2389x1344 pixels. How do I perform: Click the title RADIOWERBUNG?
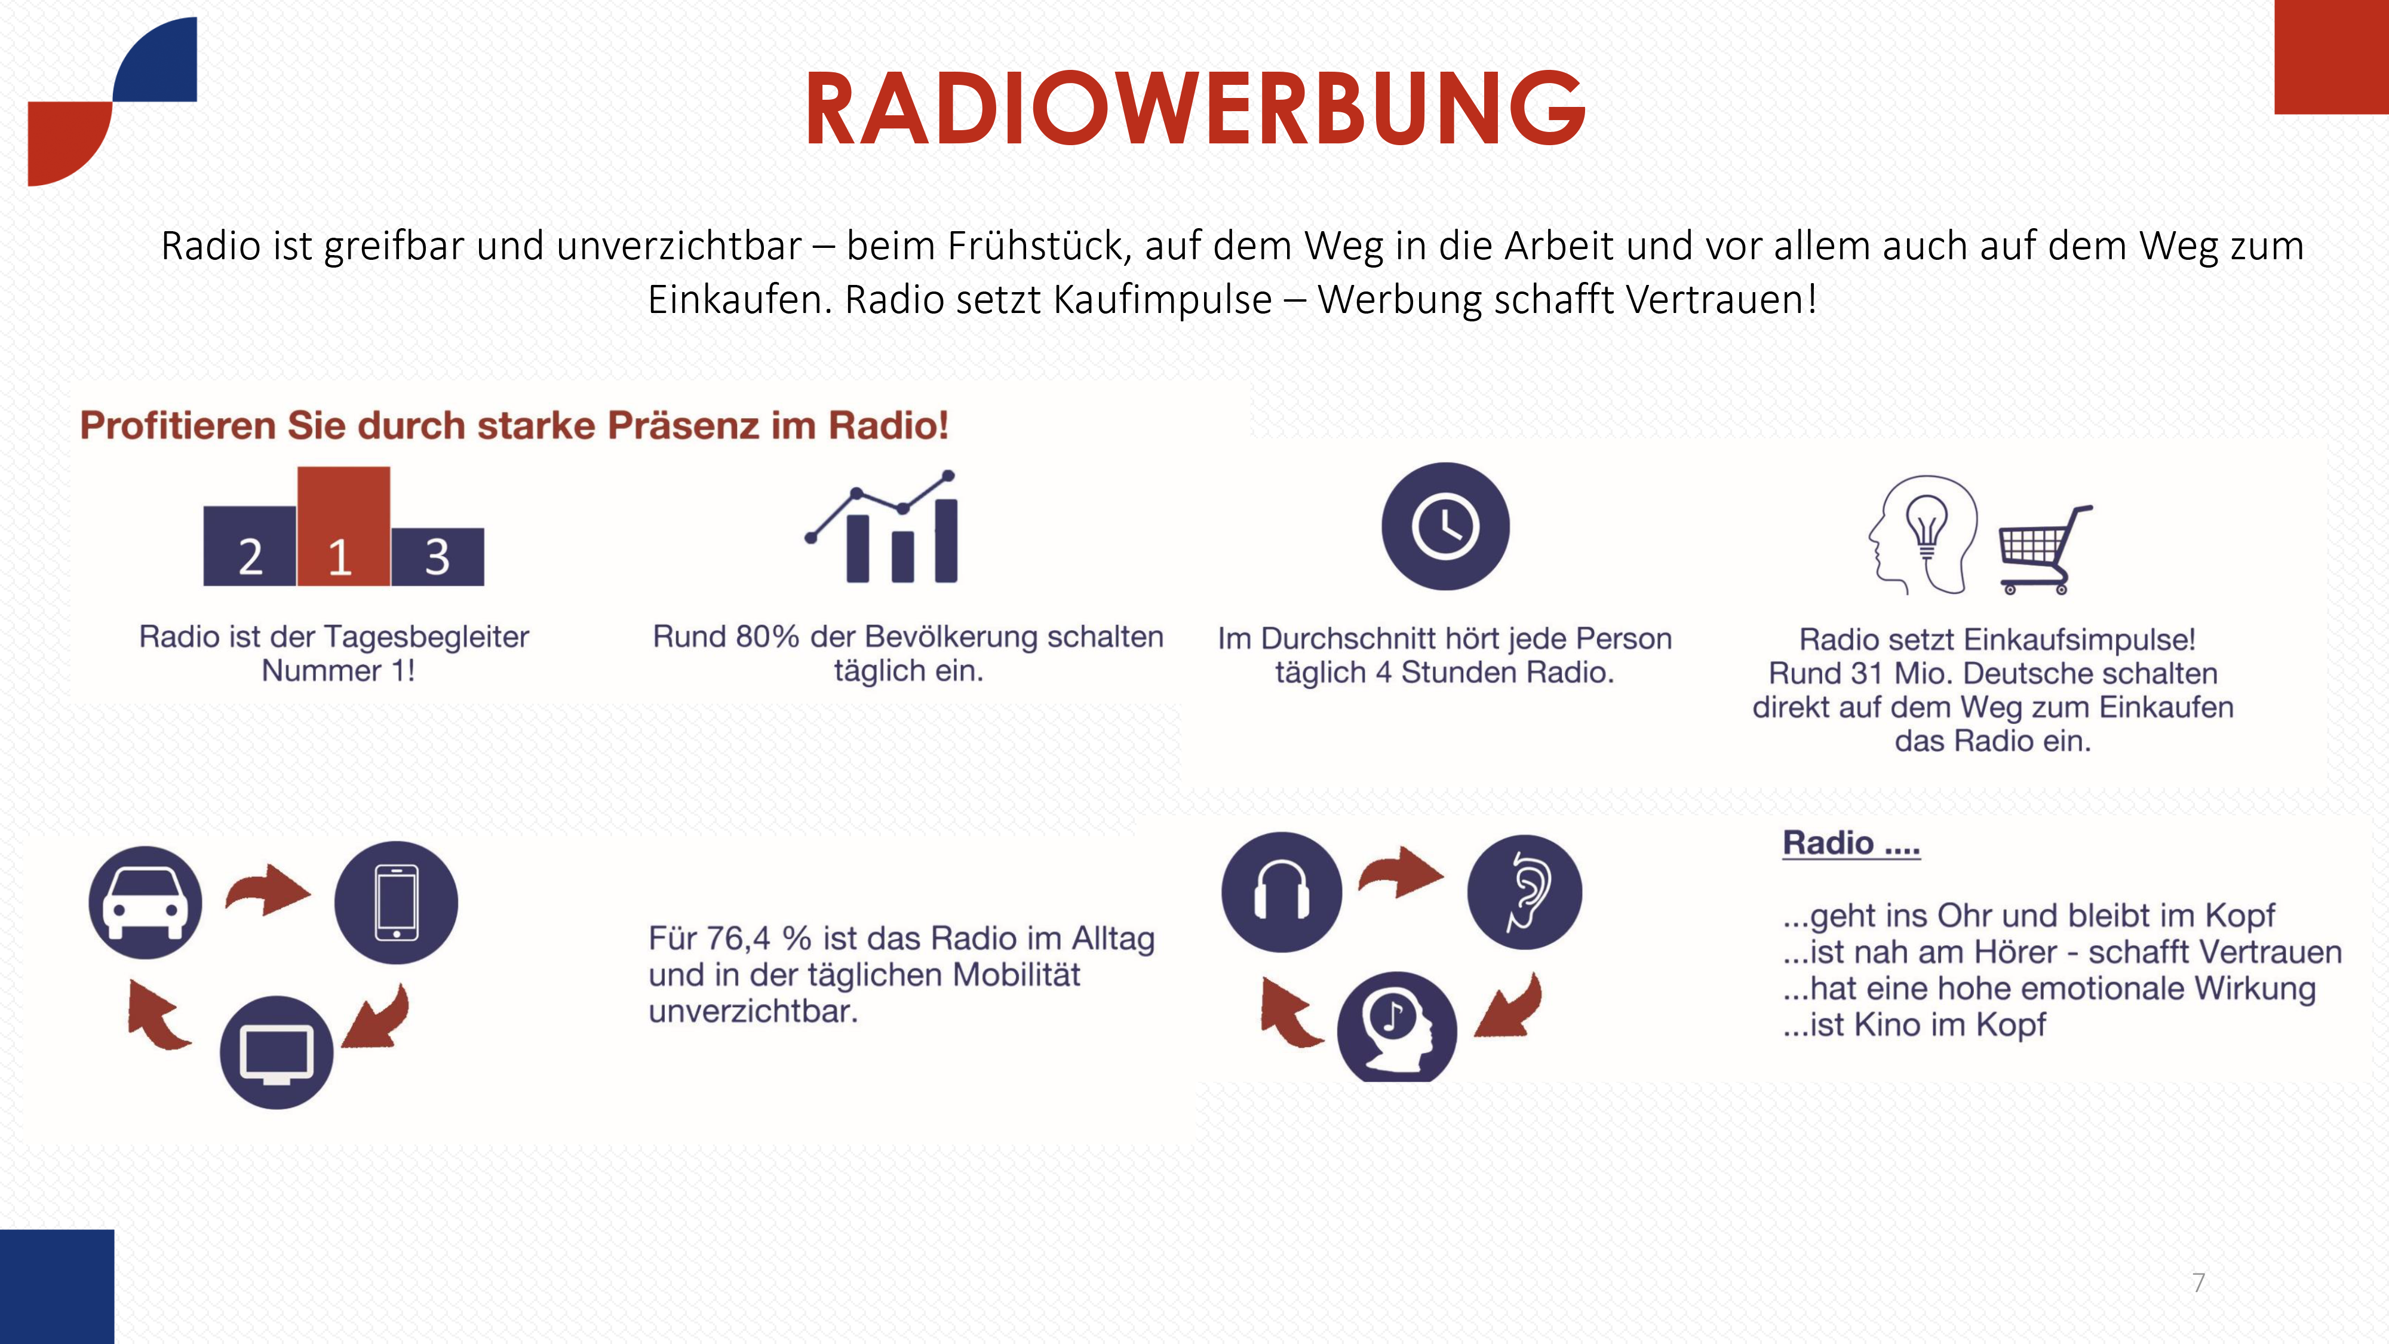[1196, 109]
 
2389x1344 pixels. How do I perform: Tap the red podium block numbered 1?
[343, 526]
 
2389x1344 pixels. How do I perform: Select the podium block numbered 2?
[250, 545]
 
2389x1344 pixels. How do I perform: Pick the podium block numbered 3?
[437, 557]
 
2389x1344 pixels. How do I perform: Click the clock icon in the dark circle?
[1445, 526]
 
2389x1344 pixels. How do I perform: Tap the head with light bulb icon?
[1923, 534]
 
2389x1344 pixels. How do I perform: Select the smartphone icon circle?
[396, 903]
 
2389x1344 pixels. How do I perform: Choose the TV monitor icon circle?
[277, 1052]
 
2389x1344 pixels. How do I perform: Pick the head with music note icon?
[1397, 1026]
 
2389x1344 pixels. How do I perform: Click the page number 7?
[2198, 1283]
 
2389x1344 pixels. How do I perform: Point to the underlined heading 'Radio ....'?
[1851, 843]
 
